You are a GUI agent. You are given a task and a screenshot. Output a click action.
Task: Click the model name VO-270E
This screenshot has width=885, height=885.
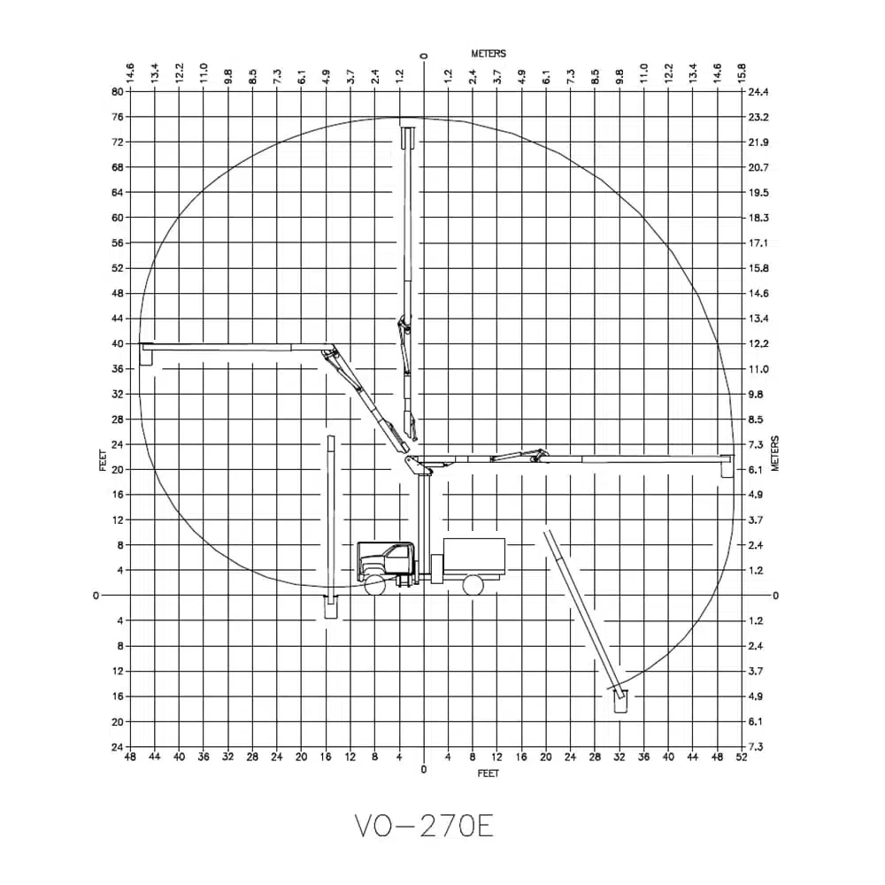pos(425,827)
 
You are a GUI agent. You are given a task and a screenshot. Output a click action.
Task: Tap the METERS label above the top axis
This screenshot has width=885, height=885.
pos(489,54)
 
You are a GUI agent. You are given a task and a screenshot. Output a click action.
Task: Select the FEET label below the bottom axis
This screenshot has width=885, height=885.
pos(489,773)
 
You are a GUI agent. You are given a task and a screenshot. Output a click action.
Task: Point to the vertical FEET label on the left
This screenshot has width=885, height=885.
pos(103,460)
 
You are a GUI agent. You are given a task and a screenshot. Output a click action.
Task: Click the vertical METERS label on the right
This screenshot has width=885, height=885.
pos(775,453)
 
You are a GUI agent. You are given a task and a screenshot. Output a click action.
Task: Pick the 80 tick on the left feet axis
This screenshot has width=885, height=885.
pos(118,91)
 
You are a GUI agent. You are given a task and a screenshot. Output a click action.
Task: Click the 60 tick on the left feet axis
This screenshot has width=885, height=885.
pos(118,218)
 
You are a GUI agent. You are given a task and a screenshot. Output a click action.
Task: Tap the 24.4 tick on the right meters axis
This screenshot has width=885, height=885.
pos(758,92)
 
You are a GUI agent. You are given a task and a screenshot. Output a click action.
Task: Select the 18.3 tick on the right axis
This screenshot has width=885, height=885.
pos(758,218)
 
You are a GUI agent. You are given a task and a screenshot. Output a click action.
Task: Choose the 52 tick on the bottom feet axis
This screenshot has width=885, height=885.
pos(742,757)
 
